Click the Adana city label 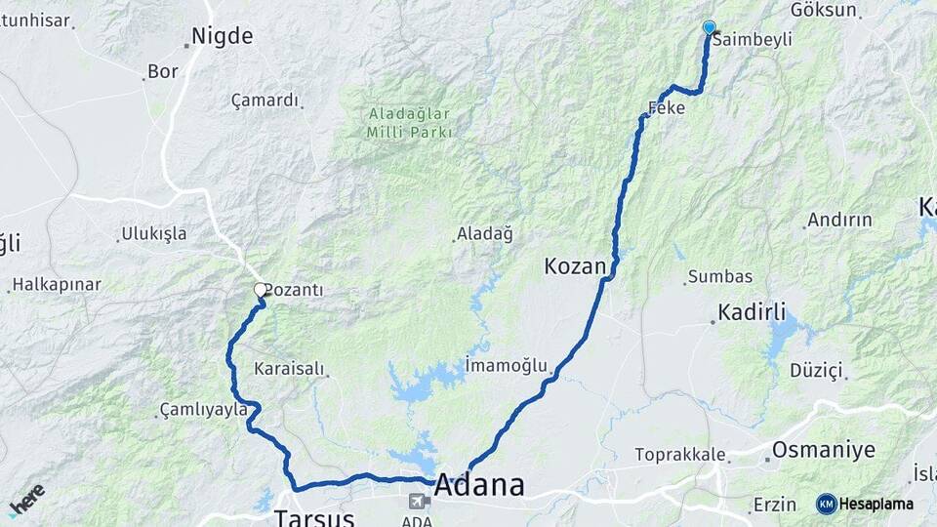[x=479, y=485]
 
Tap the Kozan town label [x=576, y=265]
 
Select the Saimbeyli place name [x=752, y=40]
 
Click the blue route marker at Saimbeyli [x=709, y=28]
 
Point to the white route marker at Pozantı [x=261, y=290]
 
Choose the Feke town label [x=668, y=109]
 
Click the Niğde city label [x=222, y=37]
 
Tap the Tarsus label [x=311, y=516]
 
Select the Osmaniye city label [x=824, y=451]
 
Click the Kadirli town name [x=752, y=312]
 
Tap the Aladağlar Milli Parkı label [x=410, y=122]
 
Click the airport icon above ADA [x=419, y=502]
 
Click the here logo [x=26, y=500]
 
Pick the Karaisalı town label [x=289, y=370]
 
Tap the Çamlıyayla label [x=204, y=411]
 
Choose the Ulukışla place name [x=153, y=234]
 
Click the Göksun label [x=824, y=11]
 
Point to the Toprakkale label [x=680, y=455]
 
